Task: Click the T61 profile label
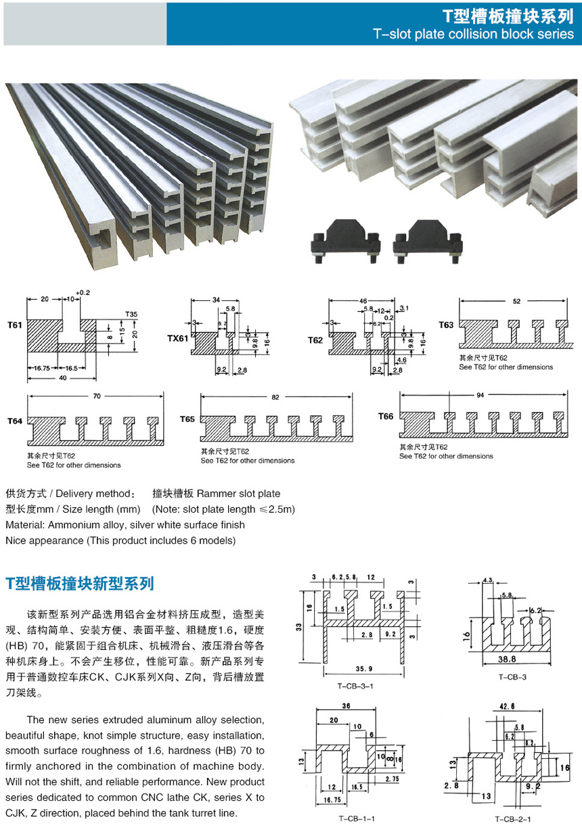[14, 325]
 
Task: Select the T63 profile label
[445, 325]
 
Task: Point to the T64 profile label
[15, 421]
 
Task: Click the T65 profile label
[187, 419]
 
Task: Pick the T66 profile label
[386, 417]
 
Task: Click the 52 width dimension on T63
[518, 302]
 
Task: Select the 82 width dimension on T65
[275, 398]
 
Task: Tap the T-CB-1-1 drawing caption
[357, 818]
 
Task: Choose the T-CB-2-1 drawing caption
[513, 819]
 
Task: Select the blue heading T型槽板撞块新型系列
[80, 582]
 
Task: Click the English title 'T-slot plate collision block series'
[473, 34]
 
